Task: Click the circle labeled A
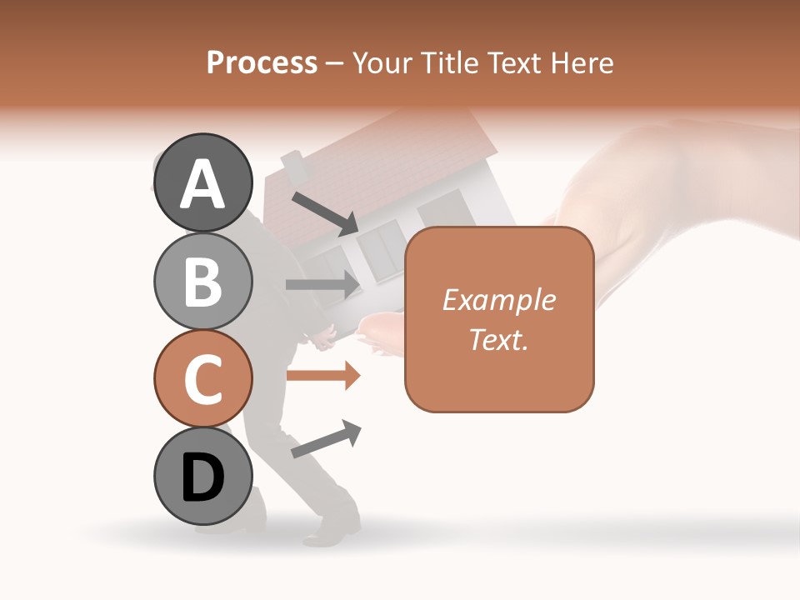[203, 182]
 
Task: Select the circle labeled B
[203, 281]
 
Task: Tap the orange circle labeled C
[203, 378]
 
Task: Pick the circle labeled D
[203, 476]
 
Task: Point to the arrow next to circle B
[322, 284]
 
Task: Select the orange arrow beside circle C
[322, 376]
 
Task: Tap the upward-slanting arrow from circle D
[326, 439]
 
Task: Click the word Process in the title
[262, 63]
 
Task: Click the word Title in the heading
[449, 63]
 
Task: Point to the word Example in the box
[498, 300]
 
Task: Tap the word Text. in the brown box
[498, 339]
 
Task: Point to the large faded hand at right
[667, 192]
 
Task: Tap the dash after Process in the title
[335, 64]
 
